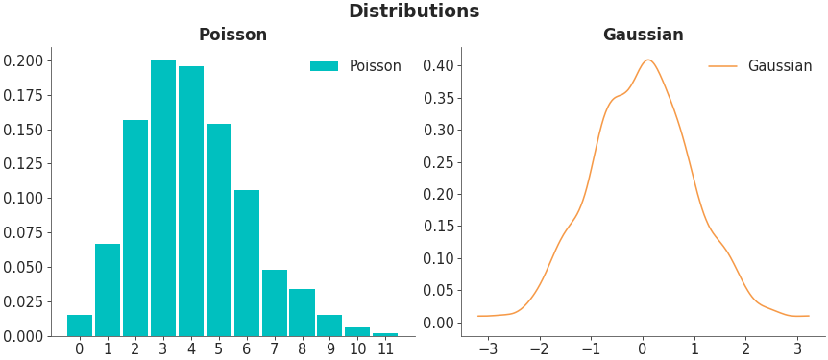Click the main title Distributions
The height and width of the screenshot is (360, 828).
tap(413, 12)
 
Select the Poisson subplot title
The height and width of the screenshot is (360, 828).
tap(232, 36)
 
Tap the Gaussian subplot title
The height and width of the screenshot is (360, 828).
tap(643, 36)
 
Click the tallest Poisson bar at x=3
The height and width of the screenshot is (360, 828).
tap(163, 198)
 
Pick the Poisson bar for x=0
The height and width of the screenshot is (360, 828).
tap(80, 325)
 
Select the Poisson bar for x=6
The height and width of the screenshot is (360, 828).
tap(247, 263)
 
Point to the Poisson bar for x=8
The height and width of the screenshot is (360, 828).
tap(302, 312)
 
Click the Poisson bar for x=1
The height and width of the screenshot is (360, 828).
tap(108, 290)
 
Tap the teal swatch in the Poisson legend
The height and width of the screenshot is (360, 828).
tap(324, 66)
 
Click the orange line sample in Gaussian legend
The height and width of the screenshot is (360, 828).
tap(722, 66)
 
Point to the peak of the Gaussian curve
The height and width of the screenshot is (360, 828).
tap(647, 60)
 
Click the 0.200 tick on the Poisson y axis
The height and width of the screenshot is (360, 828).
tap(23, 60)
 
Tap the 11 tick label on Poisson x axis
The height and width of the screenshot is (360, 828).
tap(385, 349)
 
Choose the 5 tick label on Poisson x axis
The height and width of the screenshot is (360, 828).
tap(219, 349)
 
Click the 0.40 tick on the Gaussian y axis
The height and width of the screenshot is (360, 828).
tap(438, 66)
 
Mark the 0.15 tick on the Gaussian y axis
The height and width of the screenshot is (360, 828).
tap(438, 227)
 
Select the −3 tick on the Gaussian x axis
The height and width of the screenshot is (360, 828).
tap(487, 349)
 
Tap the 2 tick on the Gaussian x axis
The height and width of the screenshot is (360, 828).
tap(745, 349)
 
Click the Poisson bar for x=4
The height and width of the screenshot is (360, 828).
tap(191, 201)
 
